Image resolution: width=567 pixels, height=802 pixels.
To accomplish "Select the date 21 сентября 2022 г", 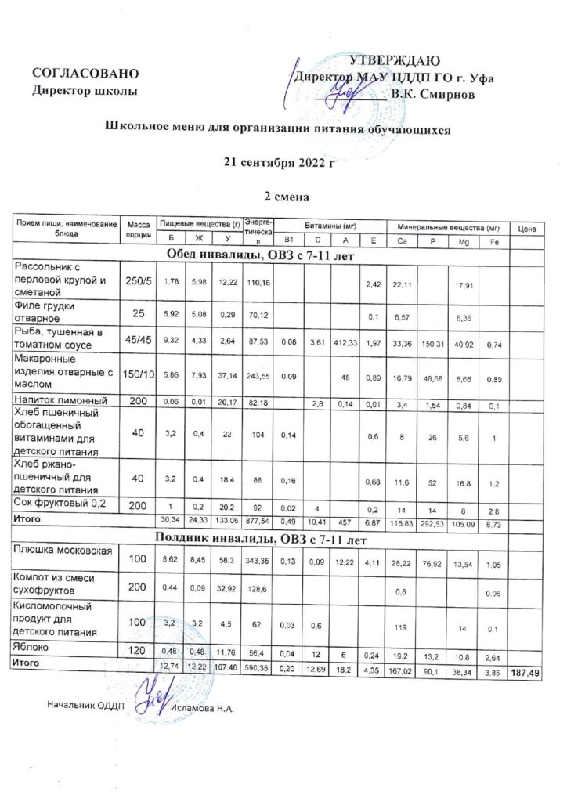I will coord(280,163).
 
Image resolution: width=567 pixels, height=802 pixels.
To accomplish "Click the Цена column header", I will coord(526,227).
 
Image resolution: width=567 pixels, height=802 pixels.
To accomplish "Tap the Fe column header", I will coord(491,240).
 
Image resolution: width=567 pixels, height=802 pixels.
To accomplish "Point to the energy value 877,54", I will coord(258,518).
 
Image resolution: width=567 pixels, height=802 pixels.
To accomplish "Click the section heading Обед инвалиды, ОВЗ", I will coord(258,255).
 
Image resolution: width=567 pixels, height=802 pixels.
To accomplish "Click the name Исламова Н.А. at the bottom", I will coord(203,707).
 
